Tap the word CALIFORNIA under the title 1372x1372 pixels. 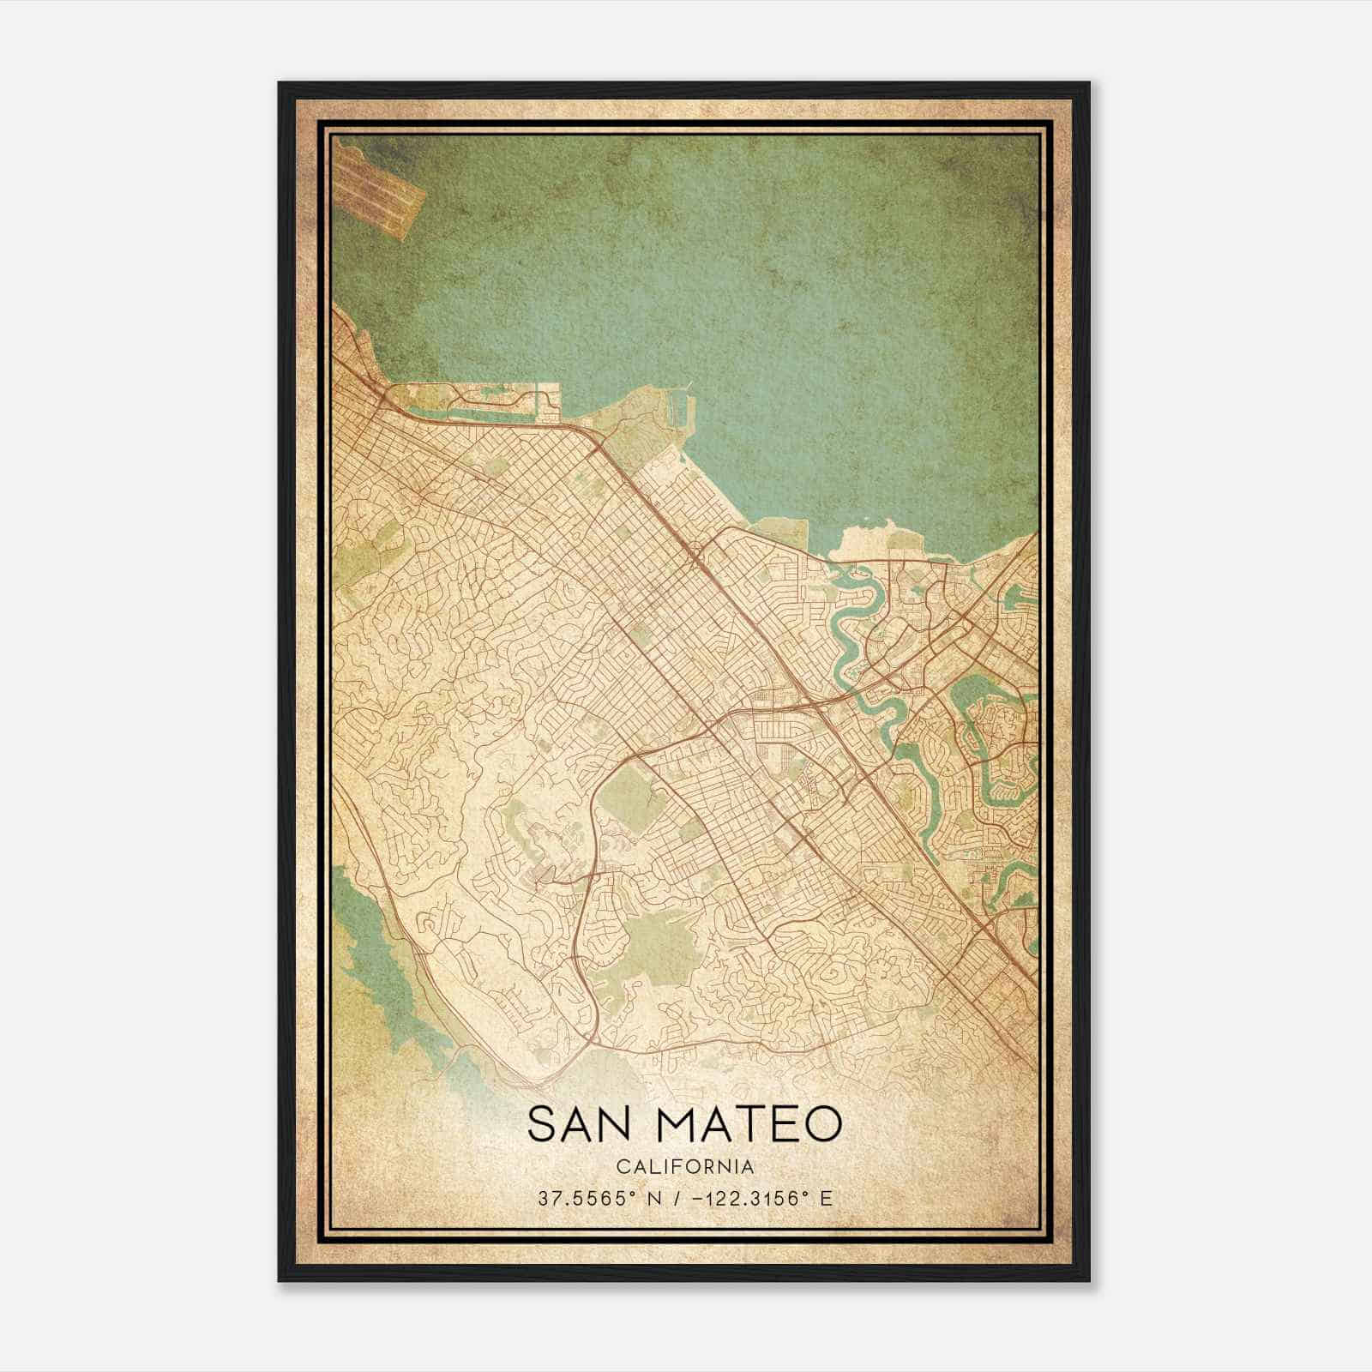pyautogui.click(x=684, y=1167)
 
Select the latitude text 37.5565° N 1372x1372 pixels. pyautogui.click(x=594, y=1198)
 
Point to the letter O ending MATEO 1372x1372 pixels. pyautogui.click(x=821, y=1123)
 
